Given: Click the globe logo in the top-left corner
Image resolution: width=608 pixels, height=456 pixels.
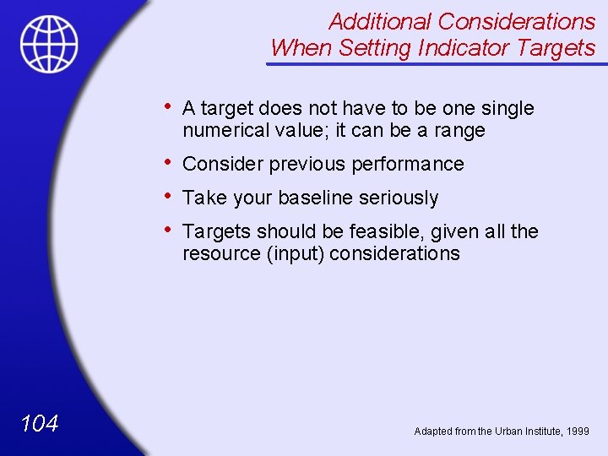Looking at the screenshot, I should [49, 43].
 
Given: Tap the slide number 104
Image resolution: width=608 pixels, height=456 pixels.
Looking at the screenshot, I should [39, 423].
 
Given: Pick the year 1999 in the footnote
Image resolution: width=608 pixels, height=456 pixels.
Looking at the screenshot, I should [579, 432].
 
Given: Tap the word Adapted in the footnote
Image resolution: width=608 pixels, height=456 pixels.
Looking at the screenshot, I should [433, 432].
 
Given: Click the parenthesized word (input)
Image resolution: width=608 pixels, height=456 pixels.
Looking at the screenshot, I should [296, 254].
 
